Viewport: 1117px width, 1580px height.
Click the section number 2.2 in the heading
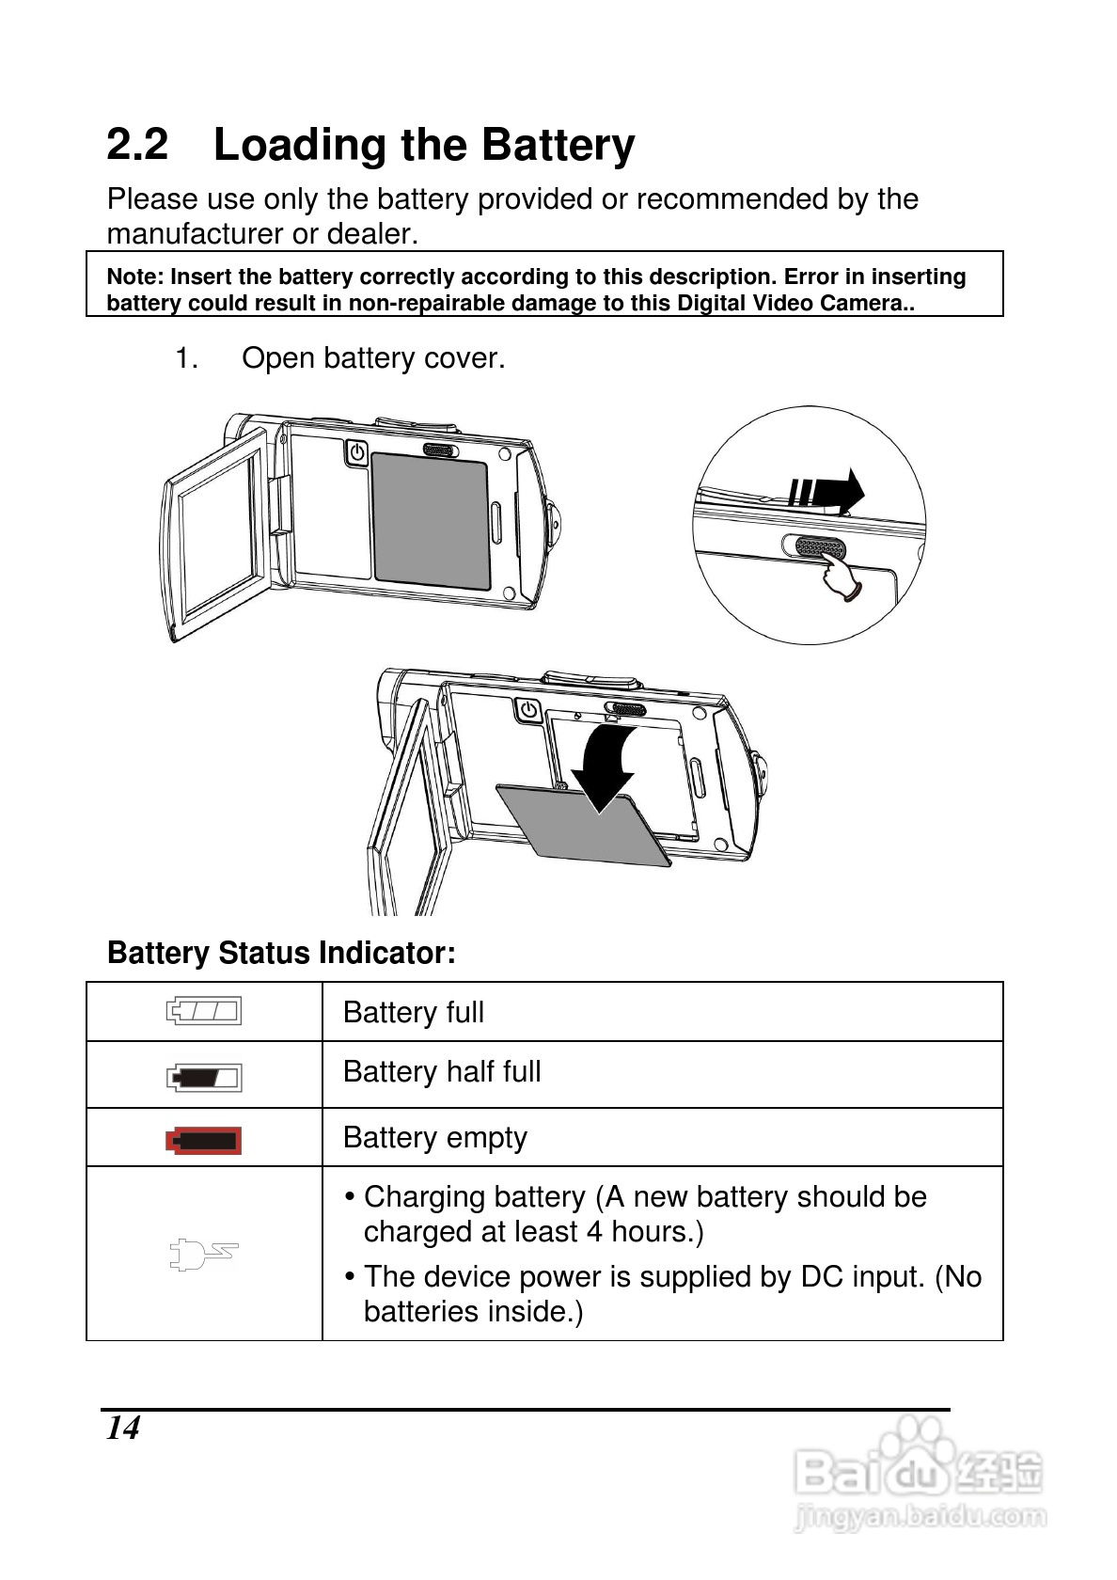click(137, 145)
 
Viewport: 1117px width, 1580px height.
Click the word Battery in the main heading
click(558, 146)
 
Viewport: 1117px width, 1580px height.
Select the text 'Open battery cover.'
click(372, 358)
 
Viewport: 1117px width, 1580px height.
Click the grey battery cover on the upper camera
click(431, 521)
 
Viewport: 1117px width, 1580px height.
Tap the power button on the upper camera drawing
click(356, 453)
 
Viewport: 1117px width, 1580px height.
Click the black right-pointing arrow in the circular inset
click(827, 490)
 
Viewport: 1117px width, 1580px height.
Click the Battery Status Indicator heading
click(281, 953)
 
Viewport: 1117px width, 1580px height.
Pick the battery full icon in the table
click(204, 1011)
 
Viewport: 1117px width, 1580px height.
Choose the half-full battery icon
click(204, 1077)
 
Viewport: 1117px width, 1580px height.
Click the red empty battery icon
click(204, 1141)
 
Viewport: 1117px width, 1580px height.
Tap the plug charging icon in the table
click(203, 1254)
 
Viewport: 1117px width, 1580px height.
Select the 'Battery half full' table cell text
click(442, 1072)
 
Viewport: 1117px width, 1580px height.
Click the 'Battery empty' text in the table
click(434, 1138)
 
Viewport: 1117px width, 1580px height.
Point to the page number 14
click(123, 1429)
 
